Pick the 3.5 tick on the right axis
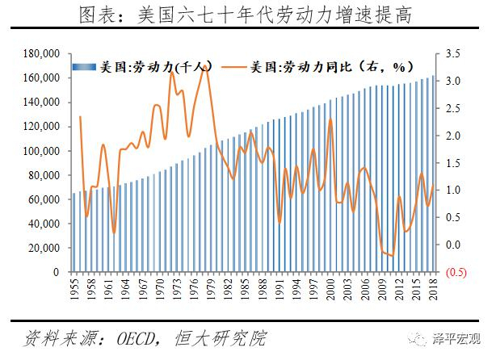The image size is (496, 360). tap(452, 53)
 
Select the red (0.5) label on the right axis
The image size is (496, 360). tap(456, 272)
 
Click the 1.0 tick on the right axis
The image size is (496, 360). tap(452, 190)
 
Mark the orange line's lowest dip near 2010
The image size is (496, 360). tap(393, 256)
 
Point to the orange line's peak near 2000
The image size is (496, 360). tap(330, 119)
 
